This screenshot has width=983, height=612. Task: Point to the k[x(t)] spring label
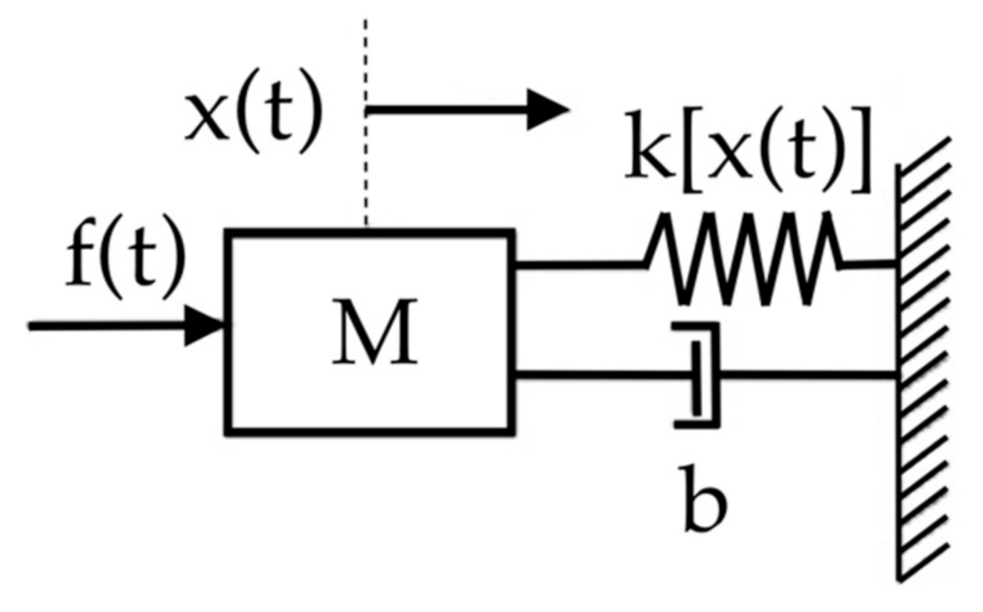pos(748,160)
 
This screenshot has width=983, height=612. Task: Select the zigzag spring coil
pos(744,260)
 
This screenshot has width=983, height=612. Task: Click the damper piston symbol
pos(701,375)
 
